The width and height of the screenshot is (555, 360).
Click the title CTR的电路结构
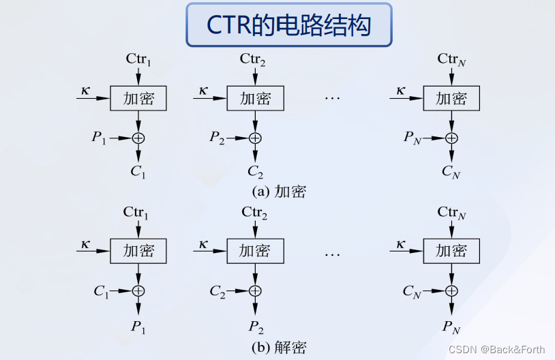(x=289, y=25)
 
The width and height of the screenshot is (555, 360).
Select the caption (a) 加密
(x=279, y=192)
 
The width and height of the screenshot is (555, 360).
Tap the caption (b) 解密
(x=279, y=347)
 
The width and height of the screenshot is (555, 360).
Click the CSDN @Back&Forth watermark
(x=501, y=349)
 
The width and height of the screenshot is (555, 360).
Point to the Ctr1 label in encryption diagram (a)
(x=138, y=59)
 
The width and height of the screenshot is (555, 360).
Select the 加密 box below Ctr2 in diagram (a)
(x=255, y=99)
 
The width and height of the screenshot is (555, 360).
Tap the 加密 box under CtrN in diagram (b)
(x=452, y=251)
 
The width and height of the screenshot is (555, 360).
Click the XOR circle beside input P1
(x=139, y=138)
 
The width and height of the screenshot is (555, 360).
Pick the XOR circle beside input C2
(x=255, y=291)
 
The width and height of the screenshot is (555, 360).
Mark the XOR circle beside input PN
(x=451, y=138)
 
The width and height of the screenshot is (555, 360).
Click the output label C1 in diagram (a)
(x=138, y=171)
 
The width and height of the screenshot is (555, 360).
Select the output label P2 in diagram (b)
(x=255, y=326)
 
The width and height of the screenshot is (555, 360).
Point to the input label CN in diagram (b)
(x=412, y=292)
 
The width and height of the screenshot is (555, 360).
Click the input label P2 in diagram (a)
(x=217, y=137)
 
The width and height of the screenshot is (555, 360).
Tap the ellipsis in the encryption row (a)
(x=332, y=99)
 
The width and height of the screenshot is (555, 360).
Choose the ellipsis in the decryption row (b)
(x=332, y=254)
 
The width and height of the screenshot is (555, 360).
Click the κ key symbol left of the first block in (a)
(x=85, y=90)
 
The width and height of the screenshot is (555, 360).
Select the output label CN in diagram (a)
(x=451, y=171)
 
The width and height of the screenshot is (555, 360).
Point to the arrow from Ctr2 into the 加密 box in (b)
(x=255, y=229)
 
